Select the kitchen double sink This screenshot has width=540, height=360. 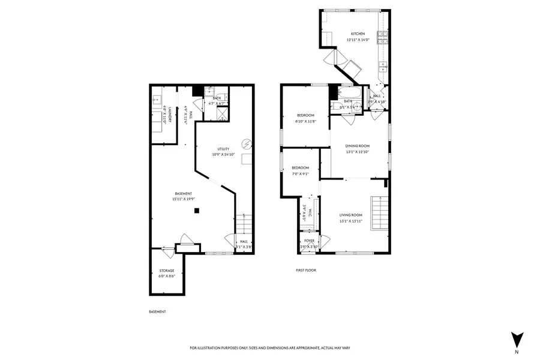click(x=381, y=67)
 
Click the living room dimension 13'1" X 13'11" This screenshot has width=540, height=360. click(x=351, y=221)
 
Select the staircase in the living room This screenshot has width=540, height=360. click(x=379, y=212)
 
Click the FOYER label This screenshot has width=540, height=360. click(x=309, y=241)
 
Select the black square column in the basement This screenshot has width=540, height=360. click(x=197, y=211)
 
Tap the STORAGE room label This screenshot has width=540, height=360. click(x=166, y=271)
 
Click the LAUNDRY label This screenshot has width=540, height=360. click(x=170, y=115)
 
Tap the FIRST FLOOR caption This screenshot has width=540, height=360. click(x=305, y=271)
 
